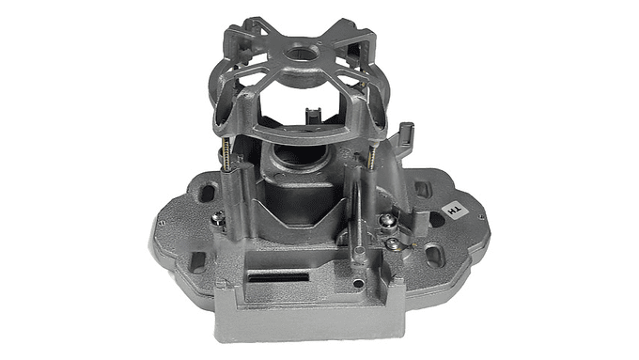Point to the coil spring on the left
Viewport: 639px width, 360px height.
coord(226,156)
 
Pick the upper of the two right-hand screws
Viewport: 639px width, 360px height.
coord(384,221)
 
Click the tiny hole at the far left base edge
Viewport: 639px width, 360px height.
coord(161,222)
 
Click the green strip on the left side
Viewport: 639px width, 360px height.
coord(65,180)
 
